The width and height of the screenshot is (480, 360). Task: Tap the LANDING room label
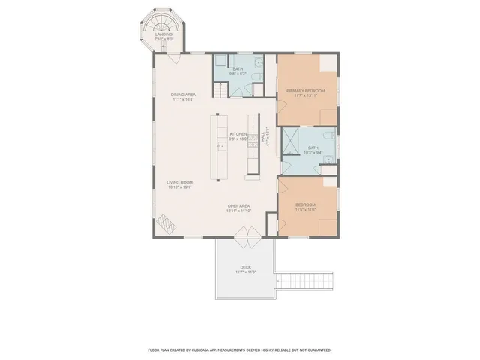pyautogui.click(x=163, y=34)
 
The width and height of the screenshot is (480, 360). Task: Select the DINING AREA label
pyautogui.click(x=183, y=94)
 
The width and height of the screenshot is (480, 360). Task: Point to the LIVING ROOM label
pyautogui.click(x=180, y=183)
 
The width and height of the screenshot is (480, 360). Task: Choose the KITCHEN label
pyautogui.click(x=238, y=134)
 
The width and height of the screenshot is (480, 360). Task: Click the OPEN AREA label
pyautogui.click(x=238, y=206)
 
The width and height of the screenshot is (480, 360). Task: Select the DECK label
pyautogui.click(x=245, y=267)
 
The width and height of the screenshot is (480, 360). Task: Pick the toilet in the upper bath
pyautogui.click(x=256, y=77)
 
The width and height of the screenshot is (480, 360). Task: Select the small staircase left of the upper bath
pyautogui.click(x=219, y=90)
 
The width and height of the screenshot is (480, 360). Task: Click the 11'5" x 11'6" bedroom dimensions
pyautogui.click(x=305, y=210)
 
